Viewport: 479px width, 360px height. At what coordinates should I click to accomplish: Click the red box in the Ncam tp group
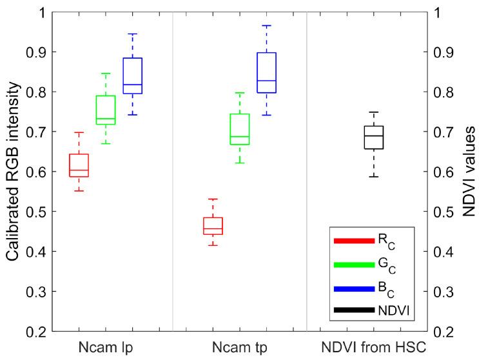(x=213, y=226)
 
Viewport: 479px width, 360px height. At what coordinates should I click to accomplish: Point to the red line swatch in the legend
(x=354, y=241)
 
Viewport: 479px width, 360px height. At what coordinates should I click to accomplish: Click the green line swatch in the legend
(x=354, y=264)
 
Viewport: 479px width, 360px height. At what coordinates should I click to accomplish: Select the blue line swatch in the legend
(x=354, y=288)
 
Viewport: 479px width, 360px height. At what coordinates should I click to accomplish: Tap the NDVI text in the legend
(x=398, y=312)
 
